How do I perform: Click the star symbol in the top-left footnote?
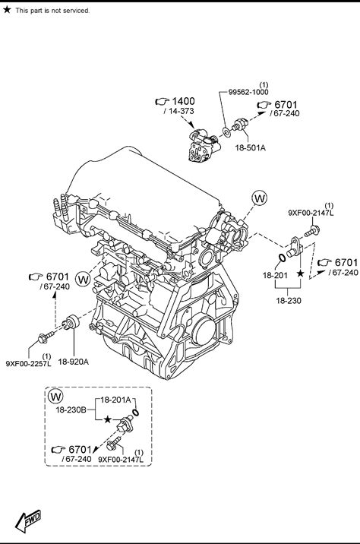7,9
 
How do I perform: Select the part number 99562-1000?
248,92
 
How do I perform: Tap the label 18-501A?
251,148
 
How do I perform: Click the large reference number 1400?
184,101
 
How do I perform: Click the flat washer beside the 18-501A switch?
227,132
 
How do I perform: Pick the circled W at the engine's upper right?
260,198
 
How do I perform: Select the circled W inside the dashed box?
55,396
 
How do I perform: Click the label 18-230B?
71,410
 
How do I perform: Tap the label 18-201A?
116,400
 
